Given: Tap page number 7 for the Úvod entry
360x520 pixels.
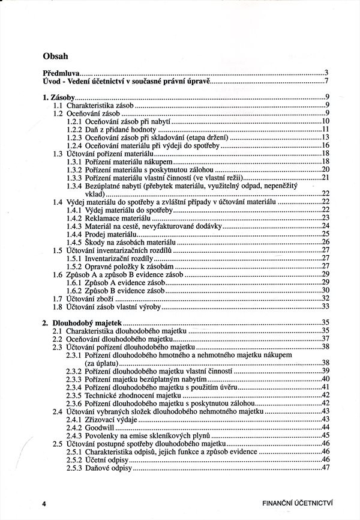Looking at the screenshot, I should point(326,80).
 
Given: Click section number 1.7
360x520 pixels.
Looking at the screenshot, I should point(58,298).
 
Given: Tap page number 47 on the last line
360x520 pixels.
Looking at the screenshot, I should point(325,468).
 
